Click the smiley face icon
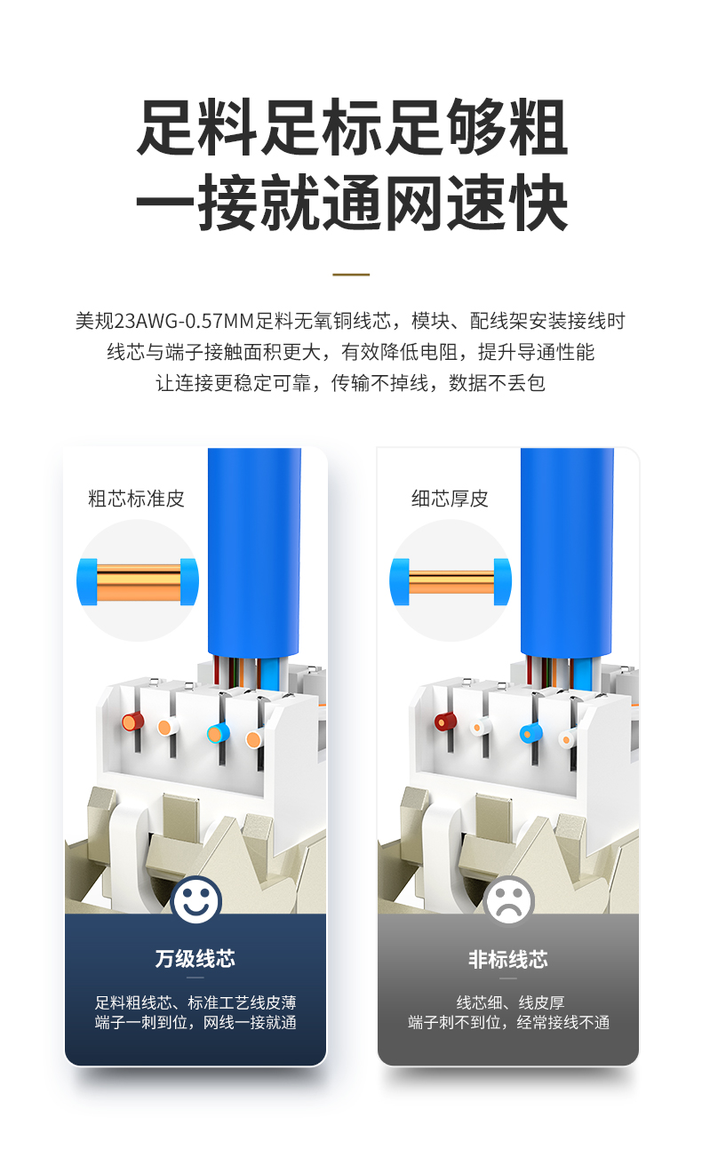196,900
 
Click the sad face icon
508,900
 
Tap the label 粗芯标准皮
136,499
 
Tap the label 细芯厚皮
450,499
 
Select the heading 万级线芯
195,958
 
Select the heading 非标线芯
508,958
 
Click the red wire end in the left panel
132,722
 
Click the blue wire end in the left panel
218,733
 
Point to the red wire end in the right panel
445,722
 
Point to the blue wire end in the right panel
530,733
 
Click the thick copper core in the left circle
139,582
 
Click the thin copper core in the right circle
451,582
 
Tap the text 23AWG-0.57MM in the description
183,321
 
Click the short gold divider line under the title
351,275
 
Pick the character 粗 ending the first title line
538,128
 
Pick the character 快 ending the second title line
538,203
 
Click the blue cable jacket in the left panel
254,552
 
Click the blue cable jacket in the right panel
567,552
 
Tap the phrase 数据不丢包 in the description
497,383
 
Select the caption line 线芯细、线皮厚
510,1002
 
